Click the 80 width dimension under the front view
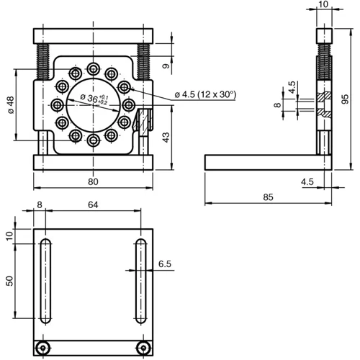tap(92, 182)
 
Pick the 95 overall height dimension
tap(346, 98)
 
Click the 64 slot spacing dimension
tap(92, 205)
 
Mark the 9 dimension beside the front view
tap(166, 67)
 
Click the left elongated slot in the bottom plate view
tap(45, 281)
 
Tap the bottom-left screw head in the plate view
tap(45, 348)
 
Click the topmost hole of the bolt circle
tap(93, 68)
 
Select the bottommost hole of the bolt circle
tap(93, 142)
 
